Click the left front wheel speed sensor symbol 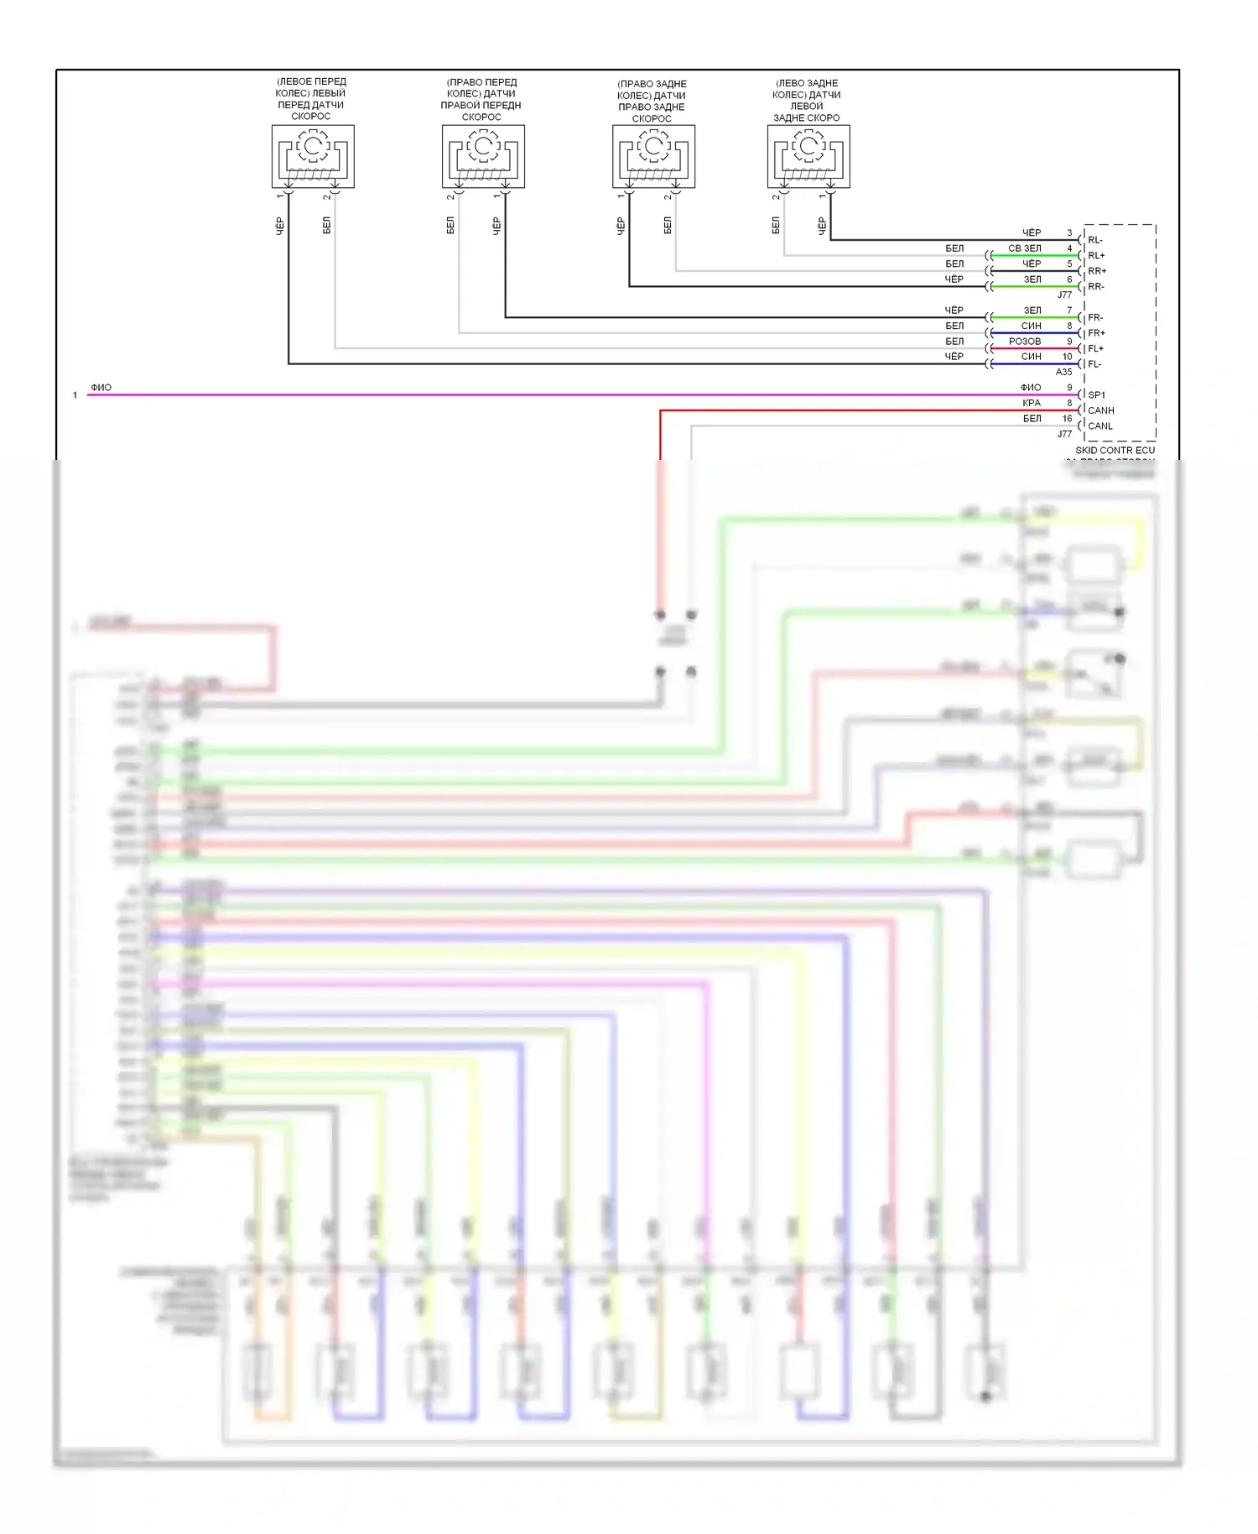click(x=313, y=156)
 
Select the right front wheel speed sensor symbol click(x=483, y=156)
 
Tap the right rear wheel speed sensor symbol click(x=653, y=156)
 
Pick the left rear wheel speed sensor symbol click(x=808, y=156)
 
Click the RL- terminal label click(x=1095, y=240)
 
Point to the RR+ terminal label click(x=1097, y=271)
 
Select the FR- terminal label click(x=1095, y=318)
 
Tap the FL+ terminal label click(x=1096, y=348)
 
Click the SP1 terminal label click(x=1097, y=394)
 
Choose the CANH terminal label click(x=1101, y=410)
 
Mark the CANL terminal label click(x=1100, y=425)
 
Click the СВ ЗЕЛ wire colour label click(x=1025, y=248)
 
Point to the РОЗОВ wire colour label click(x=1025, y=342)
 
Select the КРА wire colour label click(x=1032, y=403)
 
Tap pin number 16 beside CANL click(x=1067, y=418)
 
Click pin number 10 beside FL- click(x=1067, y=357)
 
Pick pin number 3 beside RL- click(x=1069, y=232)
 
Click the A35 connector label click(x=1063, y=372)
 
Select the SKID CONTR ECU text click(x=1115, y=451)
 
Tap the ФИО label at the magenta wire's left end click(x=101, y=388)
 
